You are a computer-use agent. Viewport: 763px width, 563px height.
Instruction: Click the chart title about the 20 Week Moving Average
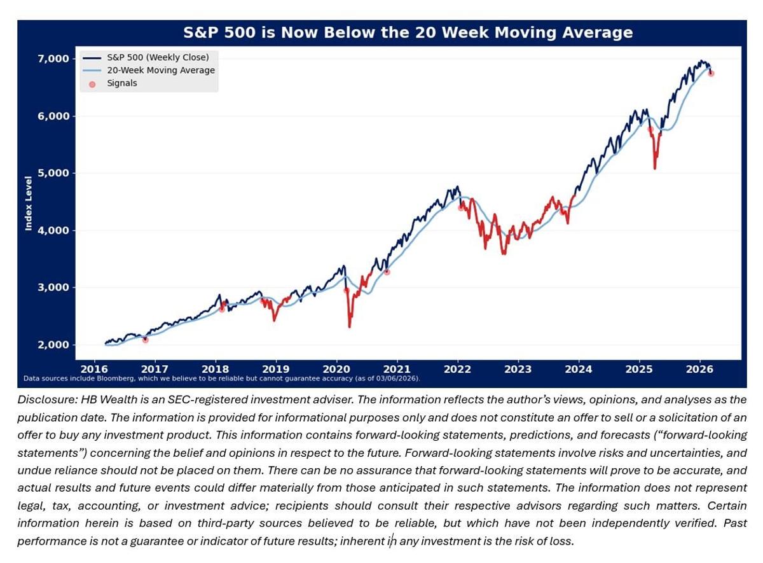click(408, 33)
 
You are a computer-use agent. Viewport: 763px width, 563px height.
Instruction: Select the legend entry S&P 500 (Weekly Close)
click(158, 57)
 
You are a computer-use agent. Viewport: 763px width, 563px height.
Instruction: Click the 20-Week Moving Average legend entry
click(160, 70)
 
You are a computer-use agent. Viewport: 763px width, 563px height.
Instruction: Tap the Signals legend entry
click(121, 83)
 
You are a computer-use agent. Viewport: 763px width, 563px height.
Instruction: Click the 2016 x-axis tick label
click(93, 368)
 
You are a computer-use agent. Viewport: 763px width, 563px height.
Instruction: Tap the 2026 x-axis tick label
click(699, 368)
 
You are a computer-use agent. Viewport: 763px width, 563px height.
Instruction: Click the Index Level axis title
click(29, 203)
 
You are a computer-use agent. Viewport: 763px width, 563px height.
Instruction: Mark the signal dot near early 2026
click(711, 73)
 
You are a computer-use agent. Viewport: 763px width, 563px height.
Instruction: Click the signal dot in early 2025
click(650, 130)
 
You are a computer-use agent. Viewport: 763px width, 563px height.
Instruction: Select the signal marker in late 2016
click(145, 340)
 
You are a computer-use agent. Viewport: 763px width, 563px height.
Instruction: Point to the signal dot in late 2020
click(387, 272)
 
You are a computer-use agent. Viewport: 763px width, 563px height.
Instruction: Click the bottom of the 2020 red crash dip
click(349, 326)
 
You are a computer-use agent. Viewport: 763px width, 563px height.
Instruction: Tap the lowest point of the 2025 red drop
click(654, 169)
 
